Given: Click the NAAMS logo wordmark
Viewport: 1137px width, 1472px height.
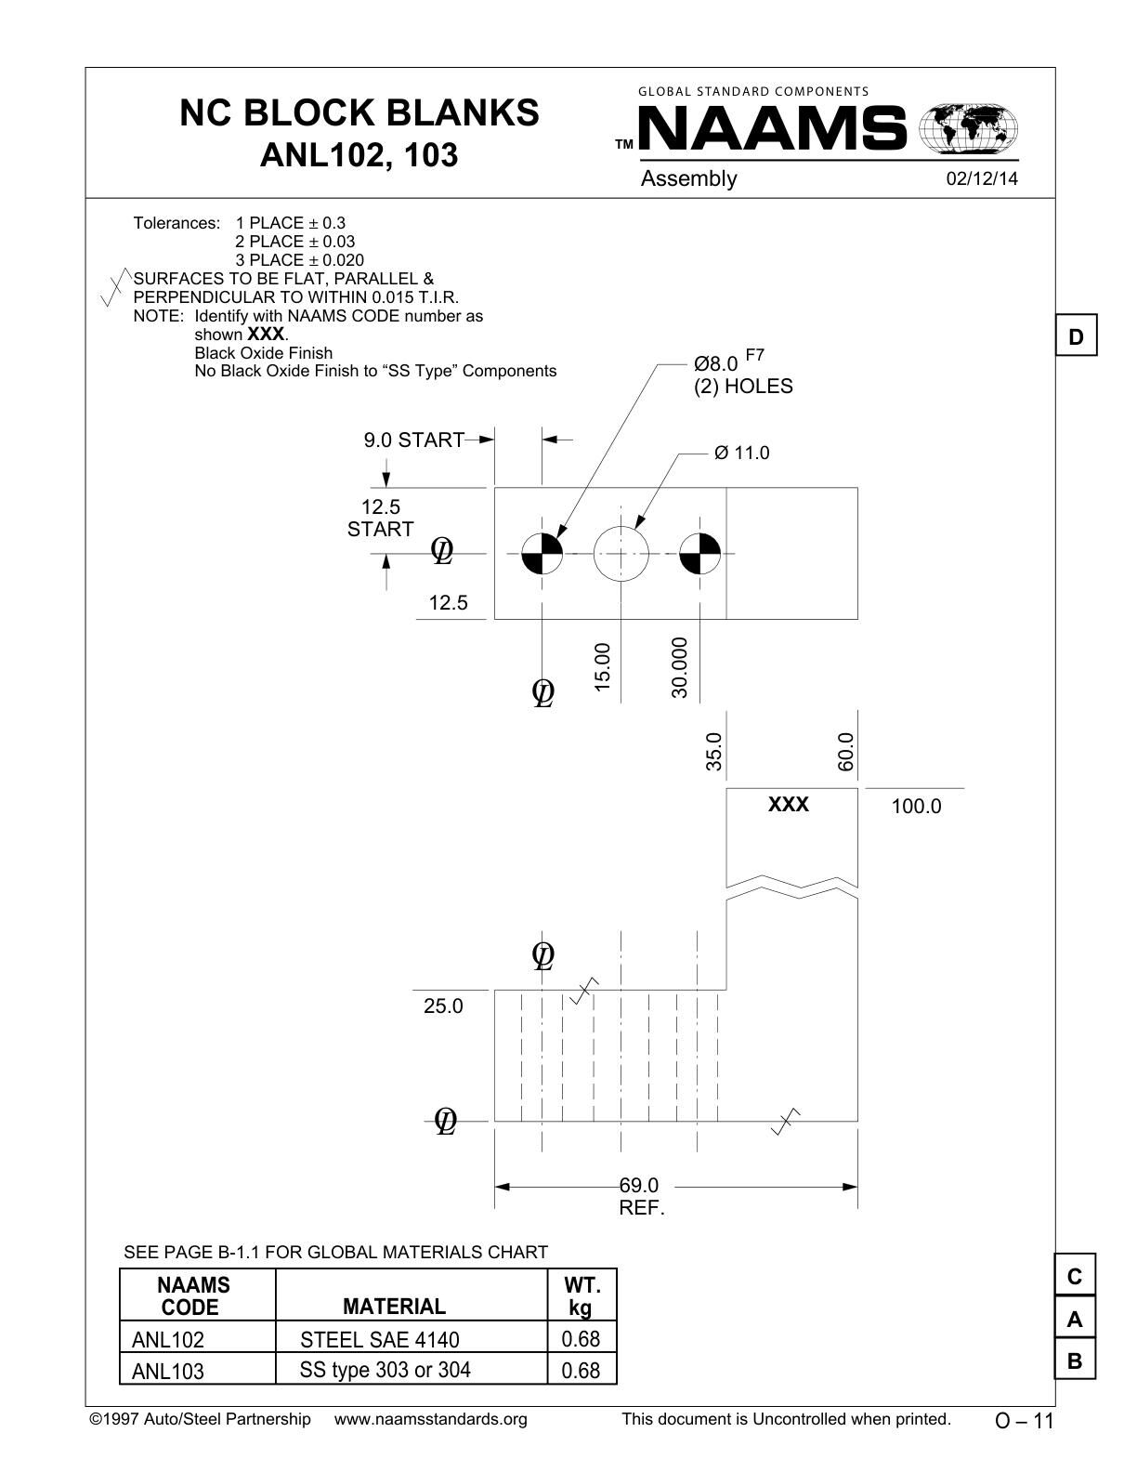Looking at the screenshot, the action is (x=772, y=128).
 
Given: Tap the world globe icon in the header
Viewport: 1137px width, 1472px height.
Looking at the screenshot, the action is (x=968, y=127).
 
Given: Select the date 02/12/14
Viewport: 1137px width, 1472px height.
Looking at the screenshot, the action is (x=982, y=178).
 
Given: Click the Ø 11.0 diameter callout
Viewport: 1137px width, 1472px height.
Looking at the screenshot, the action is (x=741, y=453).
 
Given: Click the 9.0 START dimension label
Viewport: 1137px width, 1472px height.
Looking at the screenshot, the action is (x=413, y=440).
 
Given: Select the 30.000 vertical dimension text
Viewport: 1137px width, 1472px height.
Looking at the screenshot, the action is (x=679, y=667).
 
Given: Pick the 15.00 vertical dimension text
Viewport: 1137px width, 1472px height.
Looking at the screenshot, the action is (x=602, y=667).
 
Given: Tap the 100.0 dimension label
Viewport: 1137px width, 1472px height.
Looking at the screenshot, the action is (x=916, y=806).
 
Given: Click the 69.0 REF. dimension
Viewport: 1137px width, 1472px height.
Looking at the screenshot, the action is (x=641, y=1196).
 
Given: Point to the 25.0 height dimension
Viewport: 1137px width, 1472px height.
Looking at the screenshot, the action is (x=443, y=1005).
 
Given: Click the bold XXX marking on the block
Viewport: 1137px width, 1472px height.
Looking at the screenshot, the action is (x=789, y=804).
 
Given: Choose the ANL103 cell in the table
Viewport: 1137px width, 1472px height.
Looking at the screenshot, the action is (x=168, y=1371).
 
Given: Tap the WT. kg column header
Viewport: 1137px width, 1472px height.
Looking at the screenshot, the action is (x=582, y=1296).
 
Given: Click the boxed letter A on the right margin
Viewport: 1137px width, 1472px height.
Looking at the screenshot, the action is (x=1075, y=1319).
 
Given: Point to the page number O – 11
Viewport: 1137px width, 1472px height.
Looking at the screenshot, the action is (x=1024, y=1421).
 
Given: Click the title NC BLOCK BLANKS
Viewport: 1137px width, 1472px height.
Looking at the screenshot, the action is (x=359, y=112).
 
